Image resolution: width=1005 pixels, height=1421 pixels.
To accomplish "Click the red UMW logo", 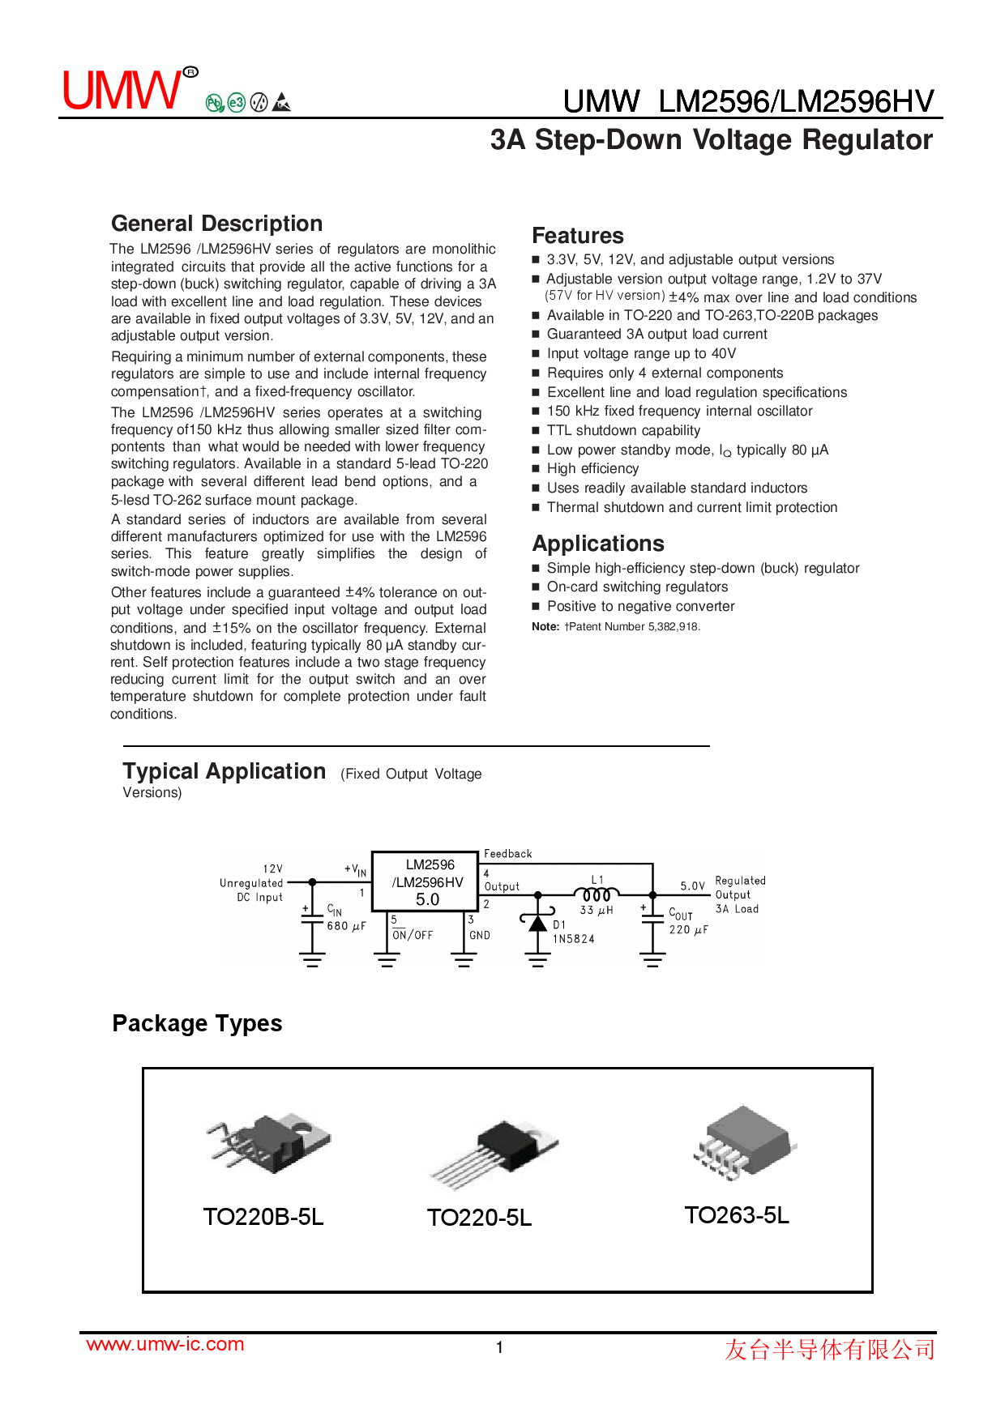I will point(123,90).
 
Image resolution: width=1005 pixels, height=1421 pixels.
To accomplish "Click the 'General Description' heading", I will point(216,224).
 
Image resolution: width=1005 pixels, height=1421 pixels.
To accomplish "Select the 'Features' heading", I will point(577,236).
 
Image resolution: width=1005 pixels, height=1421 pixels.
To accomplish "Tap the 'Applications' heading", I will point(597,544).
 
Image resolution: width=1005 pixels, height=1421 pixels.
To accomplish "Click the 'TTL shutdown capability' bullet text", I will point(623,430).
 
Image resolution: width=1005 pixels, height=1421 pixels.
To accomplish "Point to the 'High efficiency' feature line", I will point(592,468).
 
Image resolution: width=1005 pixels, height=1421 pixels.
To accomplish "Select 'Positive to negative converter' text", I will point(640,606).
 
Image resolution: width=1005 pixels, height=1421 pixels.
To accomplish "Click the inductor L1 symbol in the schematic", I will point(597,894).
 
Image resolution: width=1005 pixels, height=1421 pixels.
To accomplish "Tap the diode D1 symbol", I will point(537,923).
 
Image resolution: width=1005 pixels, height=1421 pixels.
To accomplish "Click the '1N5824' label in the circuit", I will point(574,939).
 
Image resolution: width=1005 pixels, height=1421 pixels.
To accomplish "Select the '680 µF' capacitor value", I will point(346,926).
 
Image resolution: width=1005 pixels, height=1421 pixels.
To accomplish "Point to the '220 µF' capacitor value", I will point(688,929).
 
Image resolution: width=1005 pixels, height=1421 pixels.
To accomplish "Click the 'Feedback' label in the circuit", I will point(507,854).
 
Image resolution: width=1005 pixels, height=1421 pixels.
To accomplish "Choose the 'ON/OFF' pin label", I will point(413,935).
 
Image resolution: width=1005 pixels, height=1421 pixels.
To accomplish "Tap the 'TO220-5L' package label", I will point(479,1218).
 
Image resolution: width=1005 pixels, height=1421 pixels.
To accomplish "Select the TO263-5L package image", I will point(743,1141).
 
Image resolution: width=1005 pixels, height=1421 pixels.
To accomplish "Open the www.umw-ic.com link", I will point(165,1344).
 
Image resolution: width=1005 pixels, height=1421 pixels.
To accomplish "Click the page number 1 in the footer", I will point(499,1347).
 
